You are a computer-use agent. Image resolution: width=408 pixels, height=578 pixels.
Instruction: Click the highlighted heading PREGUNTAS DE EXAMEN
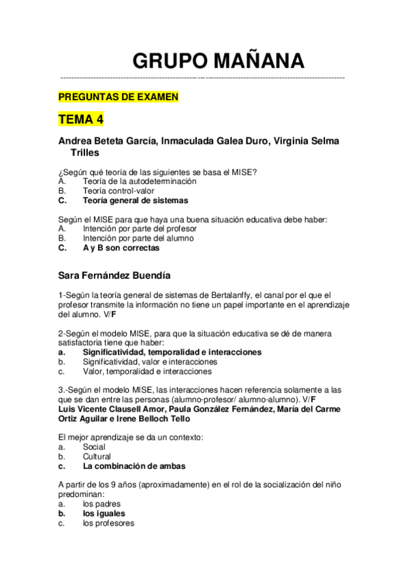pos(119,97)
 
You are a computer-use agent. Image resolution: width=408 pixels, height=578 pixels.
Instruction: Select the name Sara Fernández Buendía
pos(114,275)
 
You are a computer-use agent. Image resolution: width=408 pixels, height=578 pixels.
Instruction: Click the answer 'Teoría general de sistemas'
pos(135,201)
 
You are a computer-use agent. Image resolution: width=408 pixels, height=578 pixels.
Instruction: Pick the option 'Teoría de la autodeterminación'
pos(139,181)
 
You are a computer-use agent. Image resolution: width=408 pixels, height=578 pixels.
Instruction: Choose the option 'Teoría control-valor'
pos(118,191)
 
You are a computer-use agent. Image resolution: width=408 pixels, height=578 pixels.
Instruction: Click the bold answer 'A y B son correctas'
pos(121,248)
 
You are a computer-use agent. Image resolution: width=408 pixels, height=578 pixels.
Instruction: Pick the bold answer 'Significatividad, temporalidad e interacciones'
pos(172,352)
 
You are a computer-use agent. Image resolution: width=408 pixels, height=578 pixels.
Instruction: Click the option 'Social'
pos(94,447)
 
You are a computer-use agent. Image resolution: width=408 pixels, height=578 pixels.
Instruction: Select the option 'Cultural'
pos(97,457)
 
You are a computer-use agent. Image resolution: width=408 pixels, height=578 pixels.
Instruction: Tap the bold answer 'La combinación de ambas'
pos(134,466)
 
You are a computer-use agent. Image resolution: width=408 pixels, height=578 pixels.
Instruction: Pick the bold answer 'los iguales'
pos(104,514)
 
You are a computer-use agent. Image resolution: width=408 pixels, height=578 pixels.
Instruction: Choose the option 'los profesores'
pos(108,523)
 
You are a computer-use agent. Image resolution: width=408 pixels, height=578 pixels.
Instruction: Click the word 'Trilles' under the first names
pos(85,153)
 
